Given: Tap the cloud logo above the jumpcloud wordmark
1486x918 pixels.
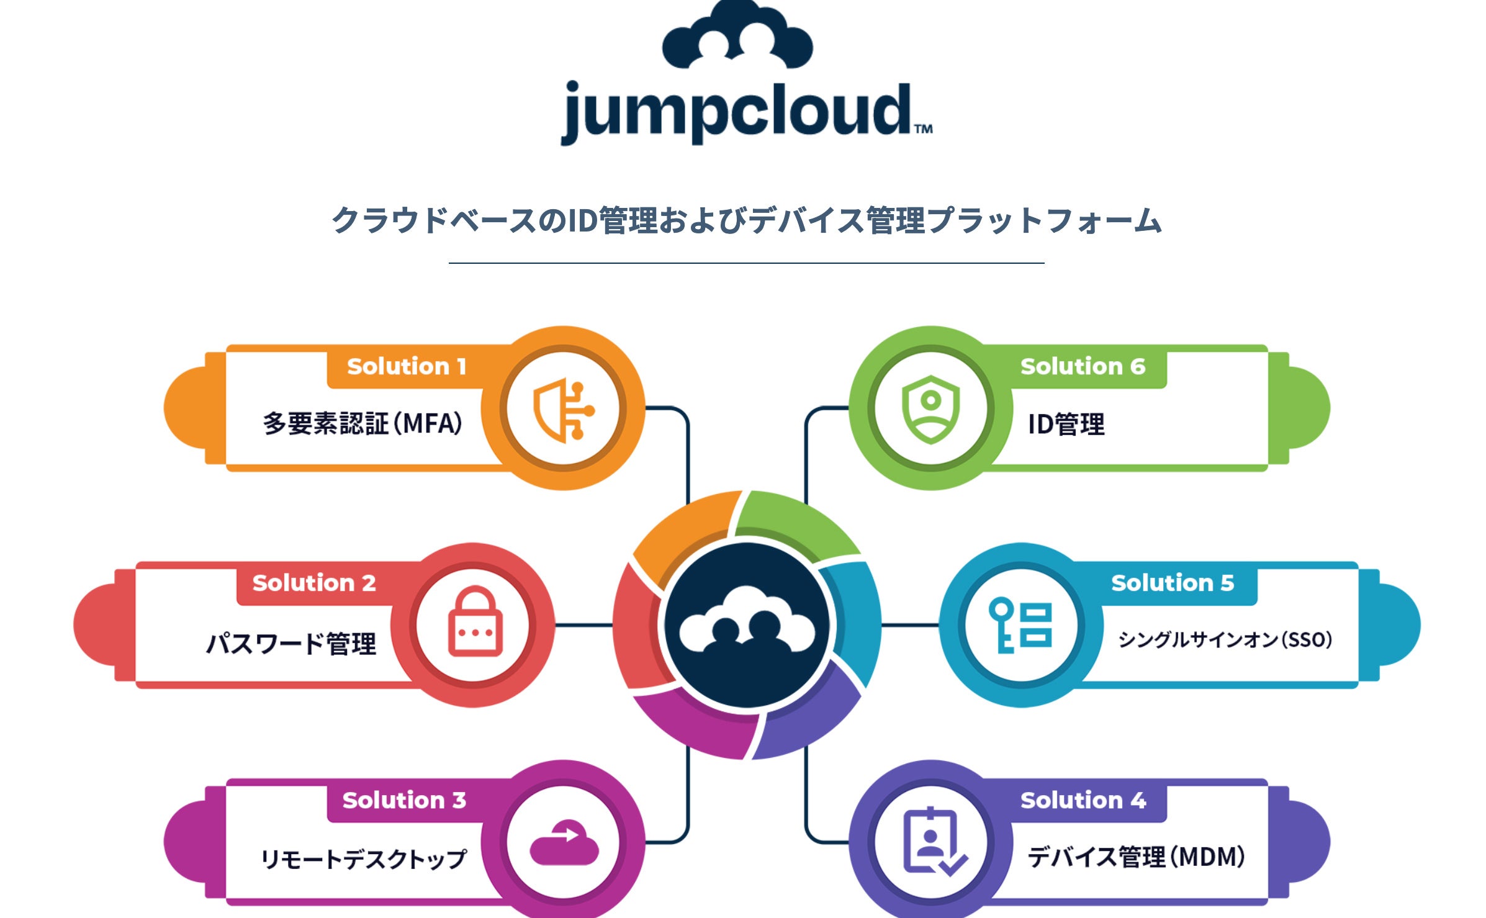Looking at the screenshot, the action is click(x=737, y=36).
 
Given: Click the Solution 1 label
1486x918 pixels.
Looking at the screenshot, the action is click(x=407, y=366).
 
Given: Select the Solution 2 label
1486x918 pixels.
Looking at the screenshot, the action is click(x=314, y=583).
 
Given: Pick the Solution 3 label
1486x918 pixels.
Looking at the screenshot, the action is click(x=404, y=800).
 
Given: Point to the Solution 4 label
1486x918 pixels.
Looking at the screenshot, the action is click(x=1083, y=800).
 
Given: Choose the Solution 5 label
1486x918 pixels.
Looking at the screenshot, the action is click(x=1173, y=583).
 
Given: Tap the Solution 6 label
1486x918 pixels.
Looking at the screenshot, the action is click(x=1083, y=366).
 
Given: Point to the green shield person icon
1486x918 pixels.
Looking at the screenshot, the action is click(x=930, y=409).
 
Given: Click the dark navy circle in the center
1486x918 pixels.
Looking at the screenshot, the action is click(x=747, y=626).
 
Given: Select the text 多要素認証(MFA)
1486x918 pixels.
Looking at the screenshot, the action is click(x=362, y=424).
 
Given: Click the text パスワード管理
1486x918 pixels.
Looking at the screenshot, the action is click(x=291, y=643).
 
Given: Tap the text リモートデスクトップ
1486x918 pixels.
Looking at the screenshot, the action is click(x=363, y=859).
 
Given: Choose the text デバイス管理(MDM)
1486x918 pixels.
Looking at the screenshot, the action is click(x=1136, y=857).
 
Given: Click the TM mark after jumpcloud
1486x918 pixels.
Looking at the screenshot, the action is click(x=923, y=129).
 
